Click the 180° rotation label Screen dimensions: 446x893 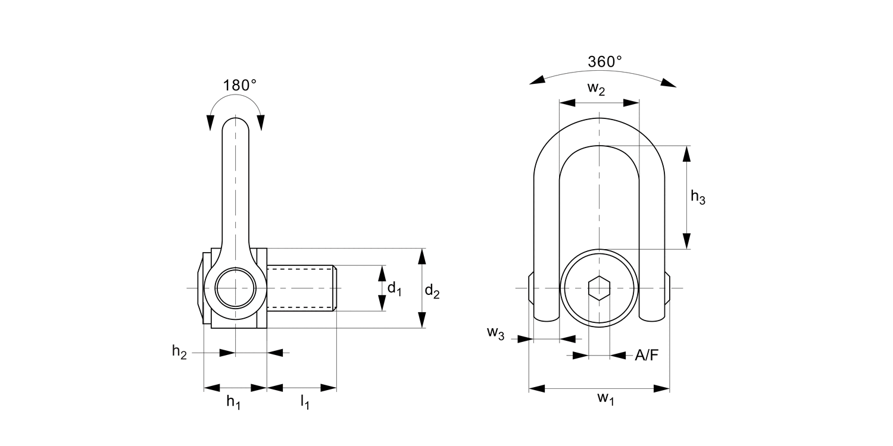coord(239,85)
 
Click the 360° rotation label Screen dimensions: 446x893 coord(604,61)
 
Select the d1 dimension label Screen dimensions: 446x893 coord(395,288)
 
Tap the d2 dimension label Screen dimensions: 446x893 coord(432,291)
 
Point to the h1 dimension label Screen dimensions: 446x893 coord(233,403)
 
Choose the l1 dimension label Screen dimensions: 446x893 coord(304,403)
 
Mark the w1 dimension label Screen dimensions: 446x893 coord(605,398)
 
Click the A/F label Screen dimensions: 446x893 coord(647,356)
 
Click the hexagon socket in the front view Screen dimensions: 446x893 coord(598,288)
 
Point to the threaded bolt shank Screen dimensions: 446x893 coord(301,288)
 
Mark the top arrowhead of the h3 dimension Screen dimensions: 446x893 coord(686,153)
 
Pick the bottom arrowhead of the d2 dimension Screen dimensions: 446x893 coord(422,321)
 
